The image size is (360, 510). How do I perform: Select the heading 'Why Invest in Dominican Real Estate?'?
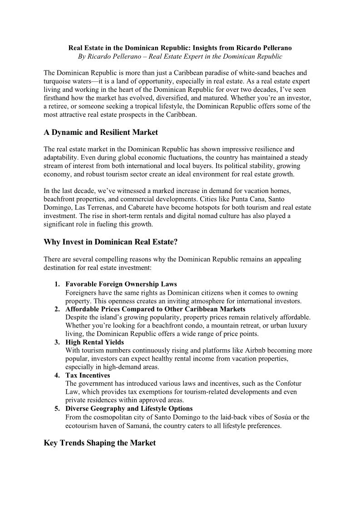click(x=110, y=242)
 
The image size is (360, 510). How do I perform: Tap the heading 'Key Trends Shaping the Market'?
click(x=99, y=443)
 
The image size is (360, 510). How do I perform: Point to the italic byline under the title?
click(x=180, y=57)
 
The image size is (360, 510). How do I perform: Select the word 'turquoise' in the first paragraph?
click(x=59, y=81)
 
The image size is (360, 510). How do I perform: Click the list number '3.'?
click(x=57, y=342)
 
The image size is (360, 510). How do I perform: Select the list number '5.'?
click(x=57, y=409)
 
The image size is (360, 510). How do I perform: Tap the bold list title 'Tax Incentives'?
click(x=88, y=376)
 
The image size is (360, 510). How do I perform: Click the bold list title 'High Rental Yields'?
click(x=94, y=342)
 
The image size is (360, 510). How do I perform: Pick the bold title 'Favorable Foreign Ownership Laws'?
click(x=121, y=284)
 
